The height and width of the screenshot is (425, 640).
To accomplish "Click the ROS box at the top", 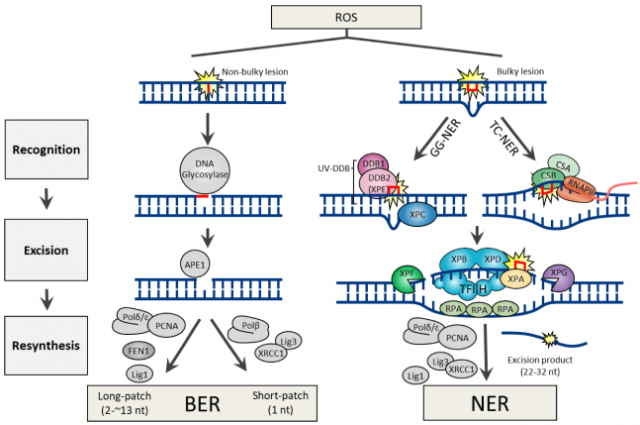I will (x=319, y=16).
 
